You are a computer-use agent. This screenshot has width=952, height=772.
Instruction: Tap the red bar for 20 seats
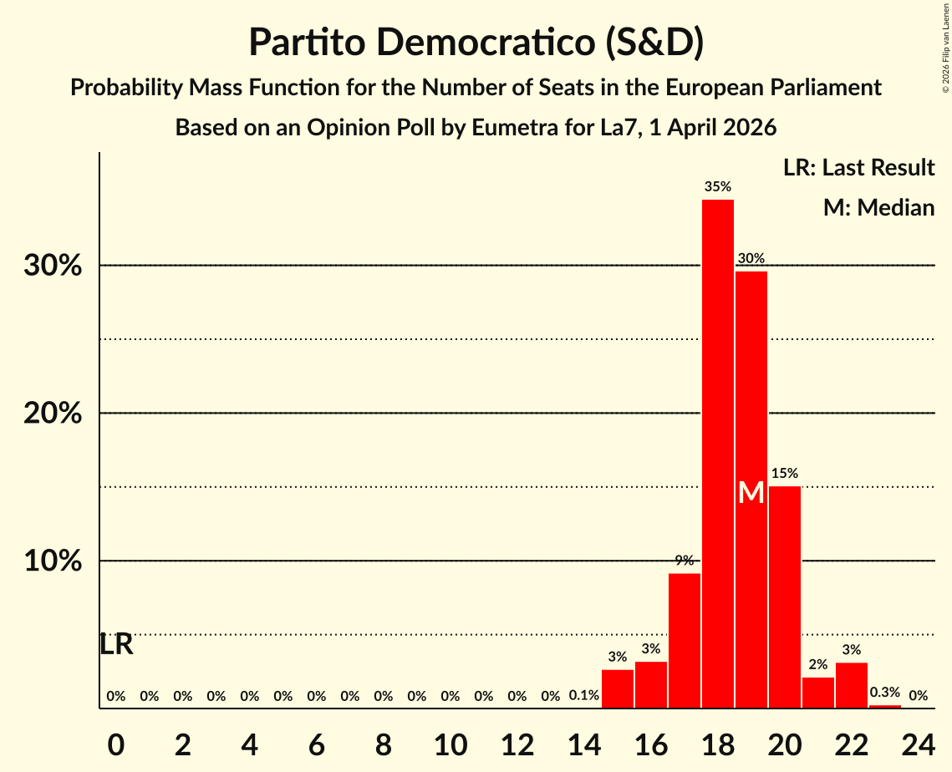tap(784, 597)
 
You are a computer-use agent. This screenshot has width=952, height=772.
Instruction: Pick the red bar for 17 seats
tap(684, 640)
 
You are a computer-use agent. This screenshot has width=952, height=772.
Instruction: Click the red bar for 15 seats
tap(617, 688)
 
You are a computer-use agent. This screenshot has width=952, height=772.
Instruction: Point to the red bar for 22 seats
tap(851, 685)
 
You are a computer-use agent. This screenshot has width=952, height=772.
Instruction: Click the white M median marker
tap(751, 493)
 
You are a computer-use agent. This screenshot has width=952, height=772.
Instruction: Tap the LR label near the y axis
tap(116, 644)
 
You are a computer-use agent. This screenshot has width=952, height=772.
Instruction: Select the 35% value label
tap(717, 186)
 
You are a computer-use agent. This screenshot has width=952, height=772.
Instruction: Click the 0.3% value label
tap(884, 693)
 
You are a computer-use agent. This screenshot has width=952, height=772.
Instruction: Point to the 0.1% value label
tap(583, 695)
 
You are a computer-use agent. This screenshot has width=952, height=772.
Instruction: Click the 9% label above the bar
tap(684, 561)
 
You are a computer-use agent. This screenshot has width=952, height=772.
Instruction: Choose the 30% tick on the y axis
tap(52, 266)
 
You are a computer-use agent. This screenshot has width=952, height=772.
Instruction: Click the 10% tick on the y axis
tap(52, 561)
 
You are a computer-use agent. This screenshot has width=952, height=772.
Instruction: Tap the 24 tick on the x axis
tap(918, 742)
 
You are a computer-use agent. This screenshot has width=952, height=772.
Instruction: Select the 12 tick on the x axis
tap(517, 742)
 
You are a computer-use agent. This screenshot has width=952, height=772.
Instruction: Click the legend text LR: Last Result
tap(858, 168)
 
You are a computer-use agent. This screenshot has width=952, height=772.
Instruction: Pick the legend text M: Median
tap(878, 207)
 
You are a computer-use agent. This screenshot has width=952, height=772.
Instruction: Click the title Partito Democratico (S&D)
tap(476, 43)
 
